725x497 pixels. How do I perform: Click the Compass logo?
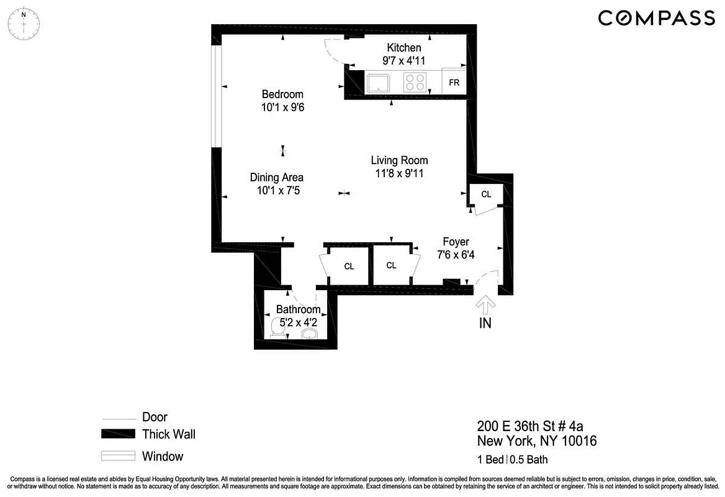(656, 18)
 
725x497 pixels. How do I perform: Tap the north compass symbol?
(24, 23)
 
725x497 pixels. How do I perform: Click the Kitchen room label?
(404, 48)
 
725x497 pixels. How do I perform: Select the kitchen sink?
(377, 83)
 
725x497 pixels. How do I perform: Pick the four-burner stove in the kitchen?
(415, 83)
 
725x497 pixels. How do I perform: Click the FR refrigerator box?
(454, 83)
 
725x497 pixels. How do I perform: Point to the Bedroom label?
(282, 94)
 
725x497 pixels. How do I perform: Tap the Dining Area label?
(277, 178)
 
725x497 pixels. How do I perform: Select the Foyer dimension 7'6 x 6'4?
(456, 255)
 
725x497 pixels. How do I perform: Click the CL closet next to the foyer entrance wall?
(486, 194)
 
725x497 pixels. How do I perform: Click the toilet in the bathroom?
(279, 327)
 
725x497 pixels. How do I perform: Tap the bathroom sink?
(309, 334)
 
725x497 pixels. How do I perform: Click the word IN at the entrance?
(485, 323)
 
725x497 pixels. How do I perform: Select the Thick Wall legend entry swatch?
(118, 434)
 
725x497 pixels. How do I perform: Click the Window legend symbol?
(118, 457)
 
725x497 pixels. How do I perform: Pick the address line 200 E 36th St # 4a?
(530, 426)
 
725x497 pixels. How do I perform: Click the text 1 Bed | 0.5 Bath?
(512, 460)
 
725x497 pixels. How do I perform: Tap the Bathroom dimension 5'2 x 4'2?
(299, 322)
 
